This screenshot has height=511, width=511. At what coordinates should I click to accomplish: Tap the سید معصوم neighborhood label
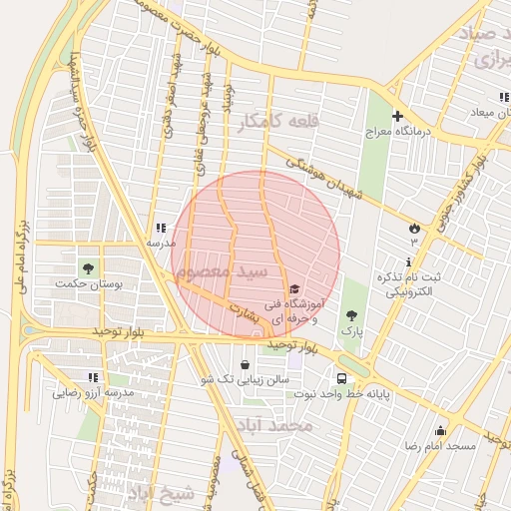tap(233, 270)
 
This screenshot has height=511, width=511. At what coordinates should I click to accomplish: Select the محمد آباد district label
tap(274, 426)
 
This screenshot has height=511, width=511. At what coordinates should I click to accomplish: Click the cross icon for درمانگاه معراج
tap(397, 116)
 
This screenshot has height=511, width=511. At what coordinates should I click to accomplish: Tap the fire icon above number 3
tap(414, 228)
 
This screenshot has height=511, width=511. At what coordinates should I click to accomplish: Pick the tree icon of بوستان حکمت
tap(89, 268)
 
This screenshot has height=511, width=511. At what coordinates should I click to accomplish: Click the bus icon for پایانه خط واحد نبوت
tap(342, 379)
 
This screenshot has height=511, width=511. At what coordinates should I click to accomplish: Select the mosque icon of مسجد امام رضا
tap(440, 431)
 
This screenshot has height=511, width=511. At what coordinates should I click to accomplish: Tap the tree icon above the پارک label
tap(349, 312)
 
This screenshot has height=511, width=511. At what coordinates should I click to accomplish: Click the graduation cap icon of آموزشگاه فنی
tap(295, 288)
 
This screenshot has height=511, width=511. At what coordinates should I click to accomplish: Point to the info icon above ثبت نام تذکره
tap(409, 261)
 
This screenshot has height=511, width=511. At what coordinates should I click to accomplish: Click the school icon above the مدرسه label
tap(161, 229)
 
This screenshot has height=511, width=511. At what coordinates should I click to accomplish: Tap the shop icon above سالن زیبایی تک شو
tap(246, 365)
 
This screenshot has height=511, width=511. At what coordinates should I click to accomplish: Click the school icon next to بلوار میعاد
tap(503, 97)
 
